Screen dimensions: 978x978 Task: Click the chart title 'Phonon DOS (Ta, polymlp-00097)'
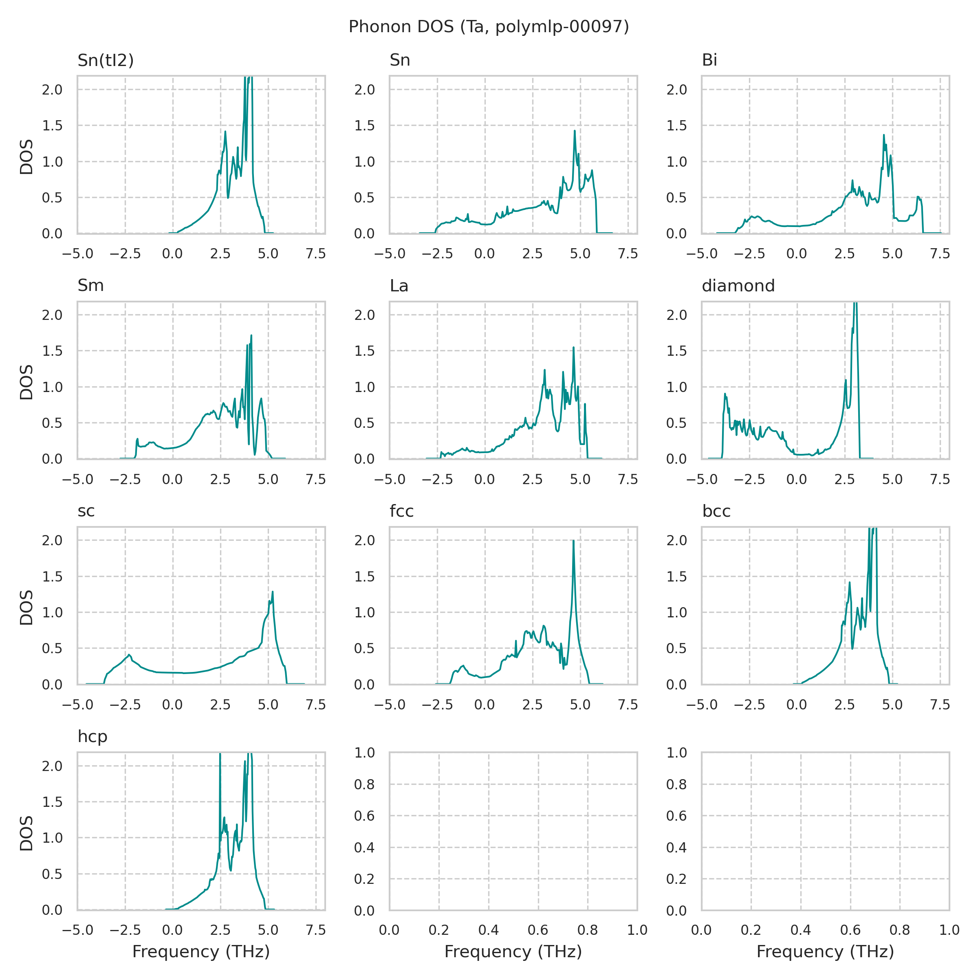pyautogui.click(x=489, y=27)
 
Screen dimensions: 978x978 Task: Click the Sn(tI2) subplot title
pyautogui.click(x=105, y=61)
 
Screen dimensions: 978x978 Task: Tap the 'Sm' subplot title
pyautogui.click(x=90, y=286)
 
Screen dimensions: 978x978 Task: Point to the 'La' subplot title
pyautogui.click(x=399, y=286)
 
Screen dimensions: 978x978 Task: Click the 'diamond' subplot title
pyautogui.click(x=738, y=286)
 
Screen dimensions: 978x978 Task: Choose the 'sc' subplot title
pyautogui.click(x=86, y=511)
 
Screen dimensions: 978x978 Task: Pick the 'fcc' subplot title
pyautogui.click(x=401, y=511)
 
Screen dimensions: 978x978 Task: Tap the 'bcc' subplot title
pyautogui.click(x=716, y=511)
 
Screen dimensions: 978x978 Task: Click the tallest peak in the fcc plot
pyautogui.click(x=573, y=541)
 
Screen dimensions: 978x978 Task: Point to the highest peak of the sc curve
pyautogui.click(x=273, y=592)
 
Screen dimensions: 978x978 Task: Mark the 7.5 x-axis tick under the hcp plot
pyautogui.click(x=316, y=930)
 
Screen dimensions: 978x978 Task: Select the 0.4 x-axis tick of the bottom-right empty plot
pyautogui.click(x=800, y=930)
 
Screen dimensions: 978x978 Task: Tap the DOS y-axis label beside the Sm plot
pyautogui.click(x=26, y=382)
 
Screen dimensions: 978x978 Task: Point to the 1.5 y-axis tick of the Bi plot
pyautogui.click(x=676, y=126)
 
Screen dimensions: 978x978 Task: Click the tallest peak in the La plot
pyautogui.click(x=573, y=348)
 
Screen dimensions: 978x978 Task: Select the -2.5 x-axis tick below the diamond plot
pyautogui.click(x=749, y=479)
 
